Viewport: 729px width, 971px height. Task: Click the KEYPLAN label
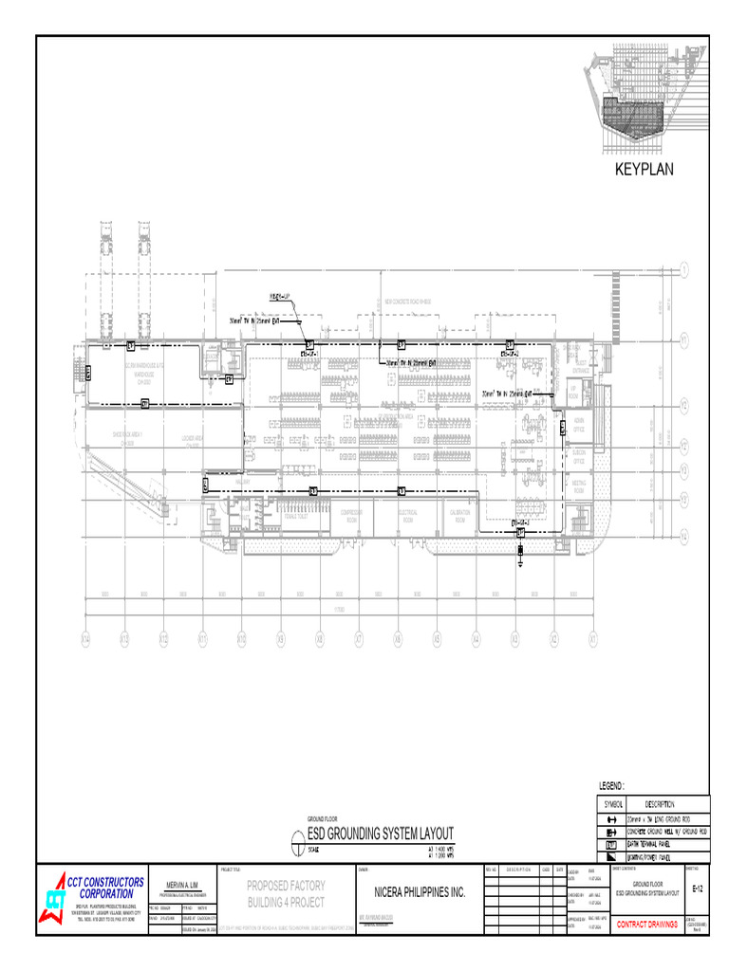[643, 170]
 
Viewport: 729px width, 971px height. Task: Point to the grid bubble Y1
[683, 339]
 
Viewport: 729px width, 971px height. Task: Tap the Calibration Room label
[459, 516]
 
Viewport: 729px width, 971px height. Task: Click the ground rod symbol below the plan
[520, 558]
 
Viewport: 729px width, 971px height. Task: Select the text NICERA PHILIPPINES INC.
[412, 892]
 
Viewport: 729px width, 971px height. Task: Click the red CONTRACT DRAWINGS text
[647, 924]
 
